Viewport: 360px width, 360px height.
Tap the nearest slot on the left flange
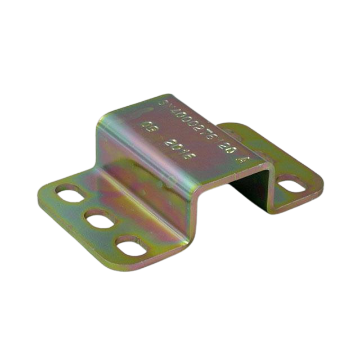point(133,245)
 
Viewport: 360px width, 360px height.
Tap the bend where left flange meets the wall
point(112,186)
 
